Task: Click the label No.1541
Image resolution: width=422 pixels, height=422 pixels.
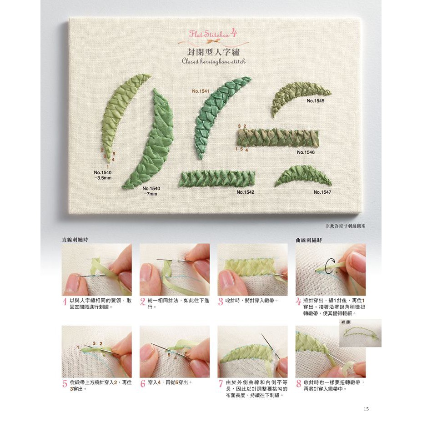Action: pos(201,91)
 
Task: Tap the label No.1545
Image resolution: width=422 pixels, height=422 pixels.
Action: pos(316,101)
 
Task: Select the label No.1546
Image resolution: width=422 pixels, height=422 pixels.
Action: pos(306,152)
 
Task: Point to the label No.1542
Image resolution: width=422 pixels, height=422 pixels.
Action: pos(246,192)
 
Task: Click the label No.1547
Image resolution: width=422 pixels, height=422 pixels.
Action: pos(322,192)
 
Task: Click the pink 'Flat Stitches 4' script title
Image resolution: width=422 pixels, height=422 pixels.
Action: pos(213,33)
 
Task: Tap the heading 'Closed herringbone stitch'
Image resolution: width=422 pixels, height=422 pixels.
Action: pos(214,61)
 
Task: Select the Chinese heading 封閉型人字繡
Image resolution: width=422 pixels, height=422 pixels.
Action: pos(213,52)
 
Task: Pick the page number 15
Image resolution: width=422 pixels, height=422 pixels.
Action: pos(366,409)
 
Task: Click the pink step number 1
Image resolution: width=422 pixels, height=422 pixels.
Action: pos(65,301)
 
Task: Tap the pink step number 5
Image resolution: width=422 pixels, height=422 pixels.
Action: pos(65,383)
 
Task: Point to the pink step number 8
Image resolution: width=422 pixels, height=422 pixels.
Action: pos(298,383)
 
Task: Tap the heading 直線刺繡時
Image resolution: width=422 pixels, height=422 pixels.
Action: pos(75,240)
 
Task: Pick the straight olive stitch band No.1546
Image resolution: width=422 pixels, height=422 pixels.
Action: pos(278,137)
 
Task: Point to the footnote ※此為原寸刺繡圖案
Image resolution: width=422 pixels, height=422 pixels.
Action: pos(346,226)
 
